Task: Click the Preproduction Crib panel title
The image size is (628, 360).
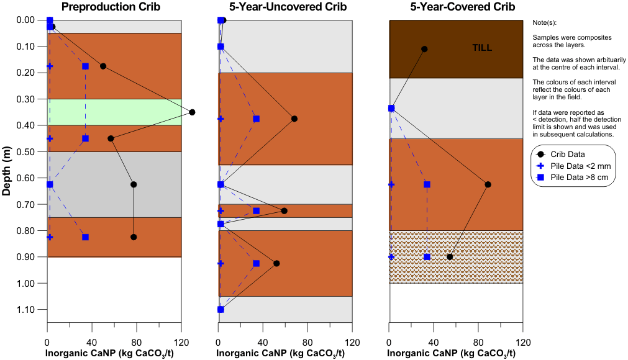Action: (111, 7)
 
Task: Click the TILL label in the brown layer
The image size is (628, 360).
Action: (482, 47)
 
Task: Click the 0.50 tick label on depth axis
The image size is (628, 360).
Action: (26, 152)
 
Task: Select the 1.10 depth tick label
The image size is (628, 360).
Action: (26, 310)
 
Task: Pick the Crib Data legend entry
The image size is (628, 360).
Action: (568, 154)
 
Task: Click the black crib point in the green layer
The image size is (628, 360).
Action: (192, 112)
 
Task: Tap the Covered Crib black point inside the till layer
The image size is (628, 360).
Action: (424, 49)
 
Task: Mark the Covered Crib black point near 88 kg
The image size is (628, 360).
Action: (488, 184)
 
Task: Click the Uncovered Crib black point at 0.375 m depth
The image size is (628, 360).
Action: (294, 119)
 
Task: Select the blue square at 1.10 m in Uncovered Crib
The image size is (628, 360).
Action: (221, 309)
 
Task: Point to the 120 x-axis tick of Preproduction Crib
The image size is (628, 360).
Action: (181, 341)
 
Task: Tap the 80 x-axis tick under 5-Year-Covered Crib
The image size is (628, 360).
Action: (478, 341)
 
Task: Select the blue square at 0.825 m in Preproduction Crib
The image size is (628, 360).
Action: (85, 237)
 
